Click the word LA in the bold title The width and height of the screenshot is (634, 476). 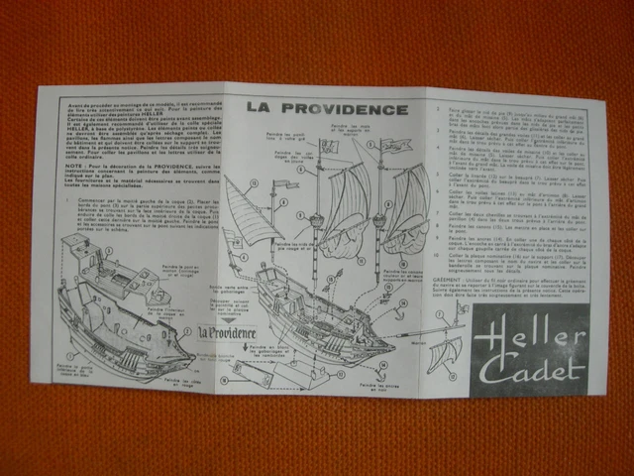click(261, 107)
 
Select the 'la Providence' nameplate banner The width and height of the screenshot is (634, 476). click(226, 334)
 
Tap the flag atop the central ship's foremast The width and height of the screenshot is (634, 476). click(329, 147)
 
